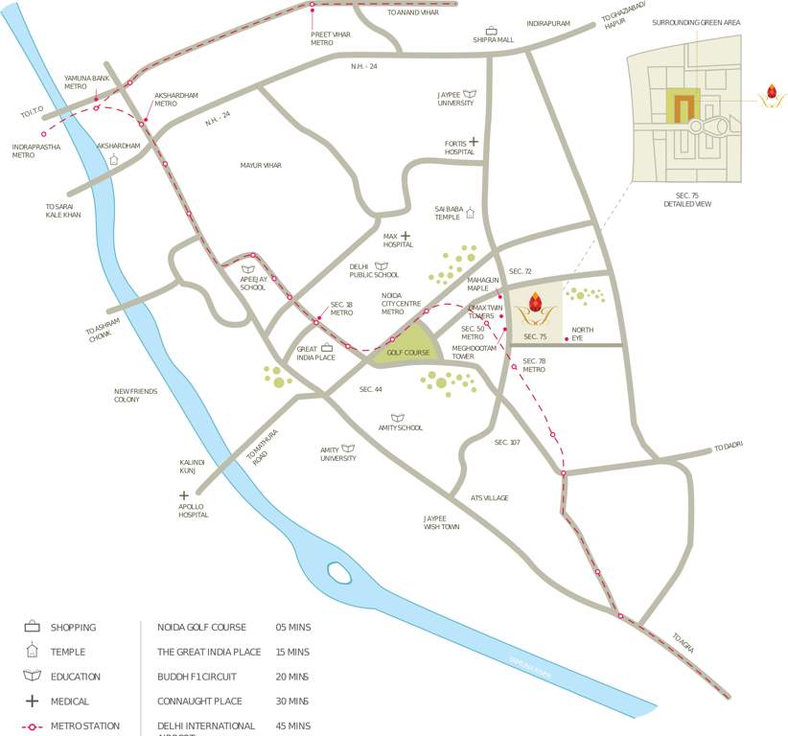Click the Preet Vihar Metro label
tap(322, 38)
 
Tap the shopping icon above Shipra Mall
tap(492, 31)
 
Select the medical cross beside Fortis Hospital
tap(473, 142)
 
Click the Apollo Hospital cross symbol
tap(183, 495)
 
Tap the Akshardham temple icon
tap(114, 160)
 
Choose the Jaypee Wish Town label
tap(441, 522)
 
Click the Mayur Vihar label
tap(261, 166)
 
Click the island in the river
tap(338, 572)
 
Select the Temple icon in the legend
tap(32, 652)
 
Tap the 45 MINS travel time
tap(292, 726)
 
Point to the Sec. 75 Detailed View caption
tap(687, 199)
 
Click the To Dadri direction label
tap(728, 446)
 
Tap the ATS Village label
tap(489, 498)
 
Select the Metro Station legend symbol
tap(32, 726)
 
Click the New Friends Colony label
tap(136, 395)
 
